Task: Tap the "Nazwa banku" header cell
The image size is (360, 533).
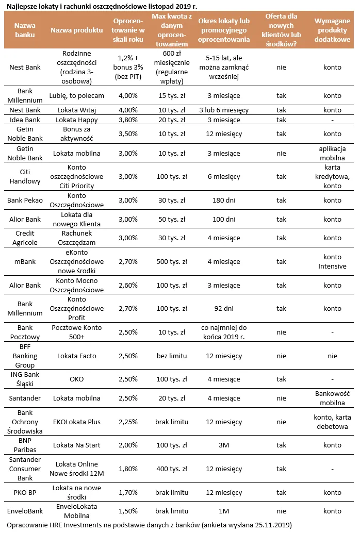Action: [x=25, y=30]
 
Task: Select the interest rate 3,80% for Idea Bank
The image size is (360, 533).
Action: [x=128, y=120]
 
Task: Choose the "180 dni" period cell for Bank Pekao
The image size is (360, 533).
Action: [x=223, y=200]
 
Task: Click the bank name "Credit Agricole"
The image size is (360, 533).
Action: [x=25, y=238]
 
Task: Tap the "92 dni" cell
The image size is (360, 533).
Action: [x=223, y=308]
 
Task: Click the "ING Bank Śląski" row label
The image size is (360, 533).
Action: [x=25, y=379]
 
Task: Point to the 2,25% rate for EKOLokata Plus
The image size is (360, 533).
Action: [x=128, y=422]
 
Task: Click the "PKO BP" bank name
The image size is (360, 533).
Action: [x=25, y=492]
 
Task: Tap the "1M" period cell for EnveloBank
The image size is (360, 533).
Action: [x=223, y=511]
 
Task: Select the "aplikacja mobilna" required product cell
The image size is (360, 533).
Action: [x=332, y=153]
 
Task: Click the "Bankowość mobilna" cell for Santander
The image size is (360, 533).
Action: [x=332, y=398]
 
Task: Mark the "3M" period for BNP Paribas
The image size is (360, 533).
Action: [x=223, y=445]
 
